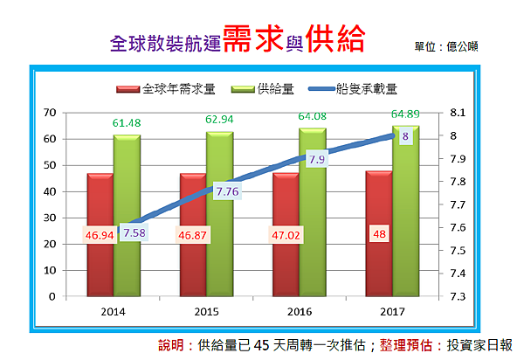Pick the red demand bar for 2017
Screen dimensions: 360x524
[378, 262]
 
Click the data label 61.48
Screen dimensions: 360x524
[126, 122]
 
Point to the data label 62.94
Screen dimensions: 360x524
[219, 119]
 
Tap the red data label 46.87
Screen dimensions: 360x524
[192, 235]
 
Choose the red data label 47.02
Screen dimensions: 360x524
[286, 235]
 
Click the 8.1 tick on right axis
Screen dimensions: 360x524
[458, 113]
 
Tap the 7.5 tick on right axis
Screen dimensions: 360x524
[458, 251]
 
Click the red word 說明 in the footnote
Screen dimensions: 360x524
[174, 344]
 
